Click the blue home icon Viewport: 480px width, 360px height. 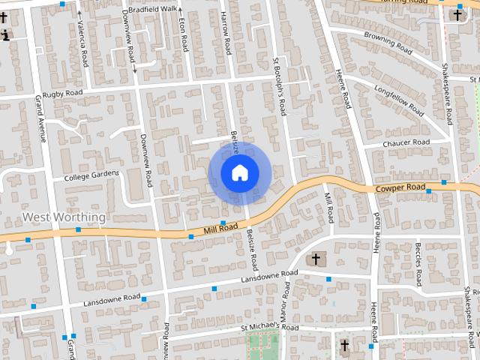coord(239,173)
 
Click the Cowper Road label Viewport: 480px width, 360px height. coord(400,187)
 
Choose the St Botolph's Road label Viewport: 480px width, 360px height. coord(279,86)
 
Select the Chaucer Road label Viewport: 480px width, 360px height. coord(406,142)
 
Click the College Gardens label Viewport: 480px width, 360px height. coord(91,175)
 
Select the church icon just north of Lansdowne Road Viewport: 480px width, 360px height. coord(316,259)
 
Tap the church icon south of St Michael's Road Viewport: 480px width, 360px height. coord(345,346)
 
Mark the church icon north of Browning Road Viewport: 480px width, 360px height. coord(457,14)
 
